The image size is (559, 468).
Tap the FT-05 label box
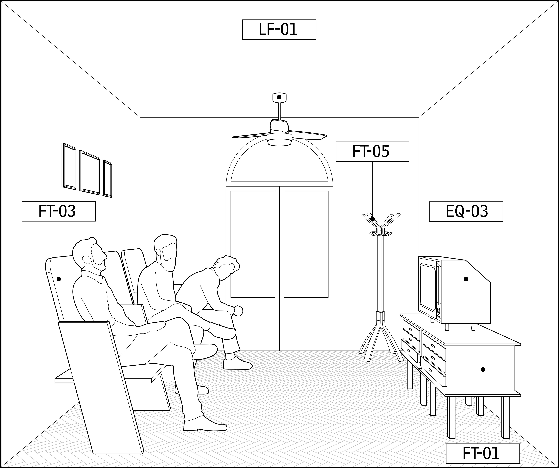pyautogui.click(x=372, y=151)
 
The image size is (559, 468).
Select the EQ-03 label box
pyautogui.click(x=466, y=211)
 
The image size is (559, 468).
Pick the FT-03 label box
pyautogui.click(x=59, y=211)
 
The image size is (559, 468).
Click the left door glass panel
pyautogui.click(x=253, y=244)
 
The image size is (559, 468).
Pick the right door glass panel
pyautogui.click(x=306, y=244)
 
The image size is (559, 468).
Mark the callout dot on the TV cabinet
pyautogui.click(x=483, y=369)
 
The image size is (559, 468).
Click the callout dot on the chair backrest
pyautogui.click(x=59, y=279)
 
